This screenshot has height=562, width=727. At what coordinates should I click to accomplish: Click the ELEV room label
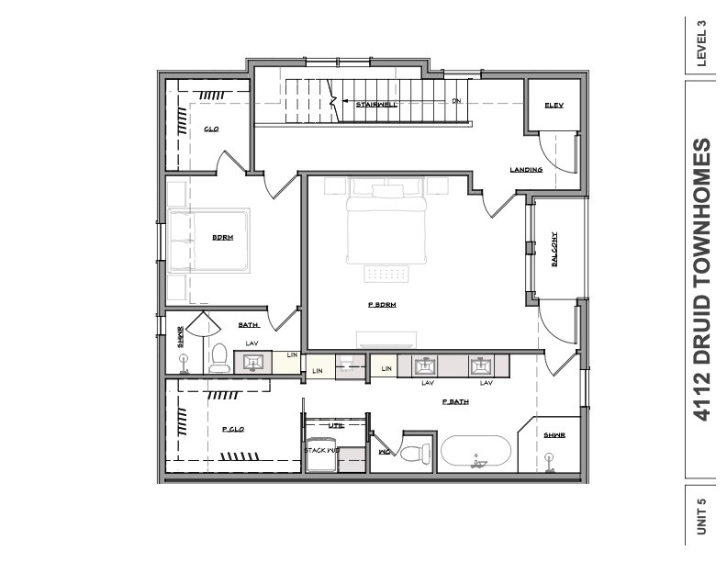coord(553,106)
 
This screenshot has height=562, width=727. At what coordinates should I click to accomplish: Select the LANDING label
coord(526,170)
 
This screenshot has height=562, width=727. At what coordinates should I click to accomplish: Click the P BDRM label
coord(382,306)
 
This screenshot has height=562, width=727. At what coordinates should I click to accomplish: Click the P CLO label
coord(231,429)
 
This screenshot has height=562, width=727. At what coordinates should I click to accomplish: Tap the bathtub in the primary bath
coord(475,452)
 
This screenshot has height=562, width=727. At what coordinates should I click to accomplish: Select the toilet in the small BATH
coord(219,358)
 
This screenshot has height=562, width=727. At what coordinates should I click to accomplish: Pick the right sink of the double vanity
coord(484,366)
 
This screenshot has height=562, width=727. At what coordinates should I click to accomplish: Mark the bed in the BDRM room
coord(209,239)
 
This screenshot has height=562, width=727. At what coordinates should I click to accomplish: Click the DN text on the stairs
coord(454,102)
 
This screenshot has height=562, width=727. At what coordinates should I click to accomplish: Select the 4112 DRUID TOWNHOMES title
coord(702,279)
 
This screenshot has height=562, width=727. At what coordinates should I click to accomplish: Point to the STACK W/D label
coord(322,450)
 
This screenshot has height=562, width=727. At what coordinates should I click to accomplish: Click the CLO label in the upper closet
coord(211,129)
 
